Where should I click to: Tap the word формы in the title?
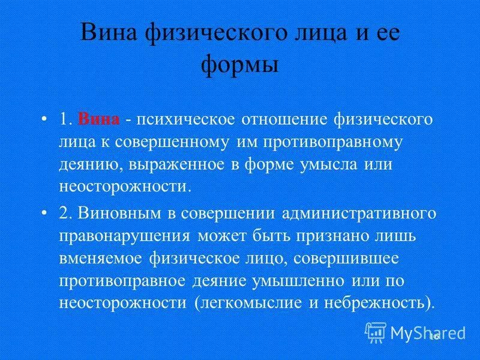point(239,63)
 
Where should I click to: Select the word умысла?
point(325,164)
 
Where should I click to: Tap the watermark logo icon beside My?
point(376,331)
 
